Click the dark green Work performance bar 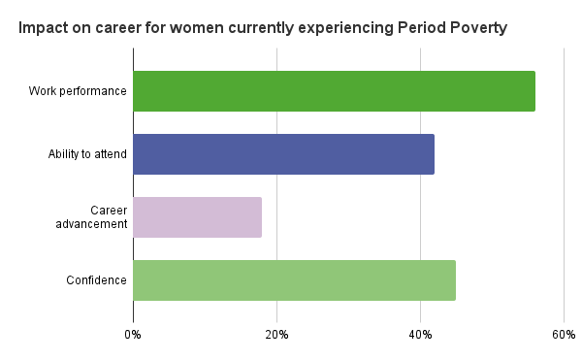(x=334, y=91)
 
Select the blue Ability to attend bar (x=283, y=154)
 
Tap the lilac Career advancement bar (x=197, y=217)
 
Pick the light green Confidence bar (x=294, y=280)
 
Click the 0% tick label (x=133, y=335)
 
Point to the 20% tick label (x=276, y=335)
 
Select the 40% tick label (x=420, y=335)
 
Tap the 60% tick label (x=564, y=335)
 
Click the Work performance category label (x=78, y=91)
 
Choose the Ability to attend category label (x=87, y=154)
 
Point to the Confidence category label (x=96, y=280)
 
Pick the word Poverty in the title (x=476, y=28)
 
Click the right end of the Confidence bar (x=454, y=280)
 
